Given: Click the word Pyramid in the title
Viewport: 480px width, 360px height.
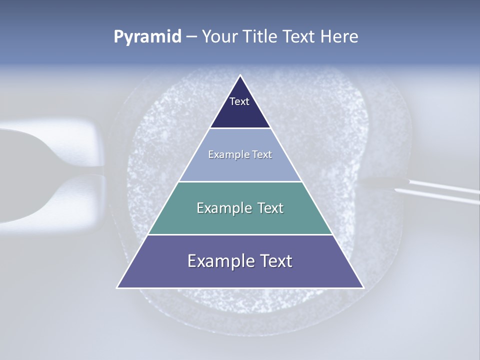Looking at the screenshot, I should (147, 37).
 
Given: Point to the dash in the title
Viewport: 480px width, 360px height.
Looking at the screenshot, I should (191, 37).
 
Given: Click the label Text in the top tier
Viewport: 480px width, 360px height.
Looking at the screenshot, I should (239, 101).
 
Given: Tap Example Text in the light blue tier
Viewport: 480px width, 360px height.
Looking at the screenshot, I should (240, 154).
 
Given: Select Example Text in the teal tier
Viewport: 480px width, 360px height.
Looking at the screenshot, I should (240, 208).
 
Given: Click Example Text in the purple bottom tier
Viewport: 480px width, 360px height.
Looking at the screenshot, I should (240, 261).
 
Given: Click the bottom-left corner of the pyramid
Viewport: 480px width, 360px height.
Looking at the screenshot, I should (117, 287).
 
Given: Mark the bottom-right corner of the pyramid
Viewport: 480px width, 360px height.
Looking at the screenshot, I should (363, 287).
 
